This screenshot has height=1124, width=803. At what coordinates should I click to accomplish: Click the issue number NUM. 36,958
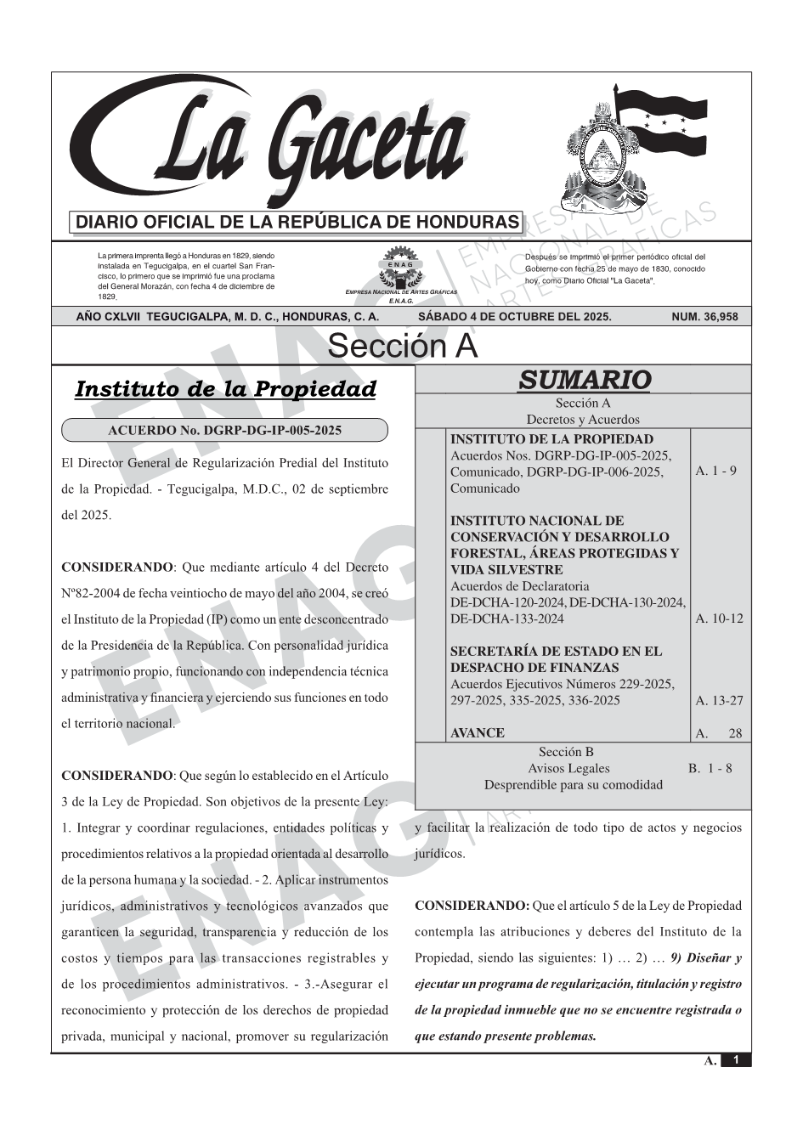(704, 317)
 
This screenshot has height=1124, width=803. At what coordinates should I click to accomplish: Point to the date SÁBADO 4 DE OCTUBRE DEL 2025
(514, 317)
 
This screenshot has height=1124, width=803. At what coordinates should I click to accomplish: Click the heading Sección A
(402, 347)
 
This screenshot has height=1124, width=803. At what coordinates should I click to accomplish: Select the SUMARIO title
(584, 380)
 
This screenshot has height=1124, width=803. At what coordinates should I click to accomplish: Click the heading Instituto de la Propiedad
(225, 389)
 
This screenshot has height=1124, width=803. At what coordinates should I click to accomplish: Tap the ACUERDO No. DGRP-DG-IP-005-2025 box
(225, 431)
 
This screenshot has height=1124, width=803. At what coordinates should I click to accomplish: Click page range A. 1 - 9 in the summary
(715, 471)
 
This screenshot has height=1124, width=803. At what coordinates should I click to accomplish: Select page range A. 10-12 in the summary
(719, 618)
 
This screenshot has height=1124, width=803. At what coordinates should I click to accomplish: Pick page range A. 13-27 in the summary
(719, 701)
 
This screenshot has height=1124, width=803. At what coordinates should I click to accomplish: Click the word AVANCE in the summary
(477, 733)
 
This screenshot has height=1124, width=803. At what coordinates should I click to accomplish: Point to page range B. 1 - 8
(710, 769)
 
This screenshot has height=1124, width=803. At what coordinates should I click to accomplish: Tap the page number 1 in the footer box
(736, 1060)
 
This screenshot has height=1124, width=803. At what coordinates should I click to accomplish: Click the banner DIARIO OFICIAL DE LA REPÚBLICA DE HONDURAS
(297, 223)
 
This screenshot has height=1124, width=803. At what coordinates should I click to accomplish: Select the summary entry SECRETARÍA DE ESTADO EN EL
(555, 652)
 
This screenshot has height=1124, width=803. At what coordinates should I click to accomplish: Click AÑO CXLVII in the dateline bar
(109, 317)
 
